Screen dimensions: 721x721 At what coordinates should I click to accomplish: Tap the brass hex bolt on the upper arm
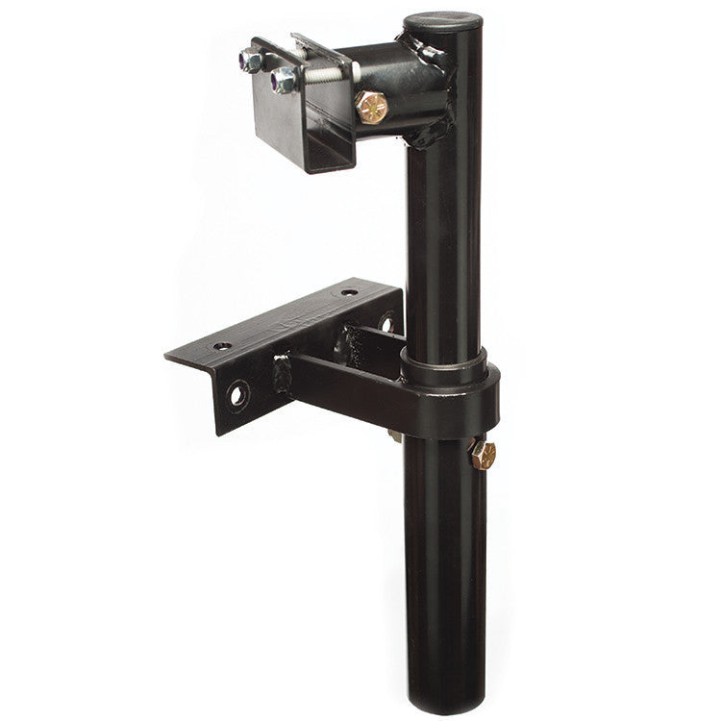coord(371,107)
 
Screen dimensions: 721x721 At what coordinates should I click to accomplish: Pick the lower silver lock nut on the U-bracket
coord(284,79)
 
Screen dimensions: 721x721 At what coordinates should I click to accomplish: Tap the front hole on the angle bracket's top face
coord(223,344)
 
